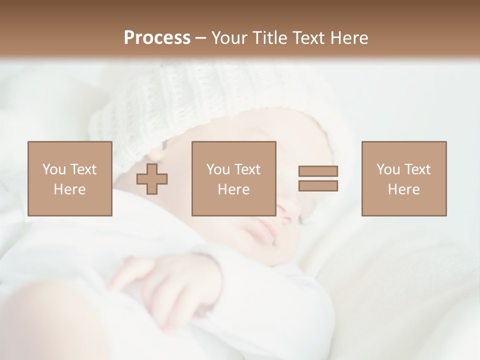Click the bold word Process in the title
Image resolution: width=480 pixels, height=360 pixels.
coord(157,38)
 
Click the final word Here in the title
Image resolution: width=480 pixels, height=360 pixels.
coord(348,38)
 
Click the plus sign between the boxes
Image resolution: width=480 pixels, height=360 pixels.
coord(152,178)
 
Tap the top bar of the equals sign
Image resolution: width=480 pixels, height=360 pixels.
coord(318,171)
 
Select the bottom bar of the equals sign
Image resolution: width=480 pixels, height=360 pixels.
coord(318,185)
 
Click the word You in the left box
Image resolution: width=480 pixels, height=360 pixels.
coord(54,169)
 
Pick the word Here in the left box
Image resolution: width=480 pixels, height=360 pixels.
coord(69,189)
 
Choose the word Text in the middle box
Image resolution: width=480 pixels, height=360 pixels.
coord(247,169)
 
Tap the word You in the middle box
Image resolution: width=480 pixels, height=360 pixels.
coord(218,169)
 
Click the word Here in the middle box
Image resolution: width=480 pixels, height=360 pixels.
coord(233,189)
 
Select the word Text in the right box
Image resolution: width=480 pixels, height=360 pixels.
coord(417,169)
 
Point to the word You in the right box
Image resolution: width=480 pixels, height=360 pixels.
coord(388,169)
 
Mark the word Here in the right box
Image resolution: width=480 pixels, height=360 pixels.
coord(403,189)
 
